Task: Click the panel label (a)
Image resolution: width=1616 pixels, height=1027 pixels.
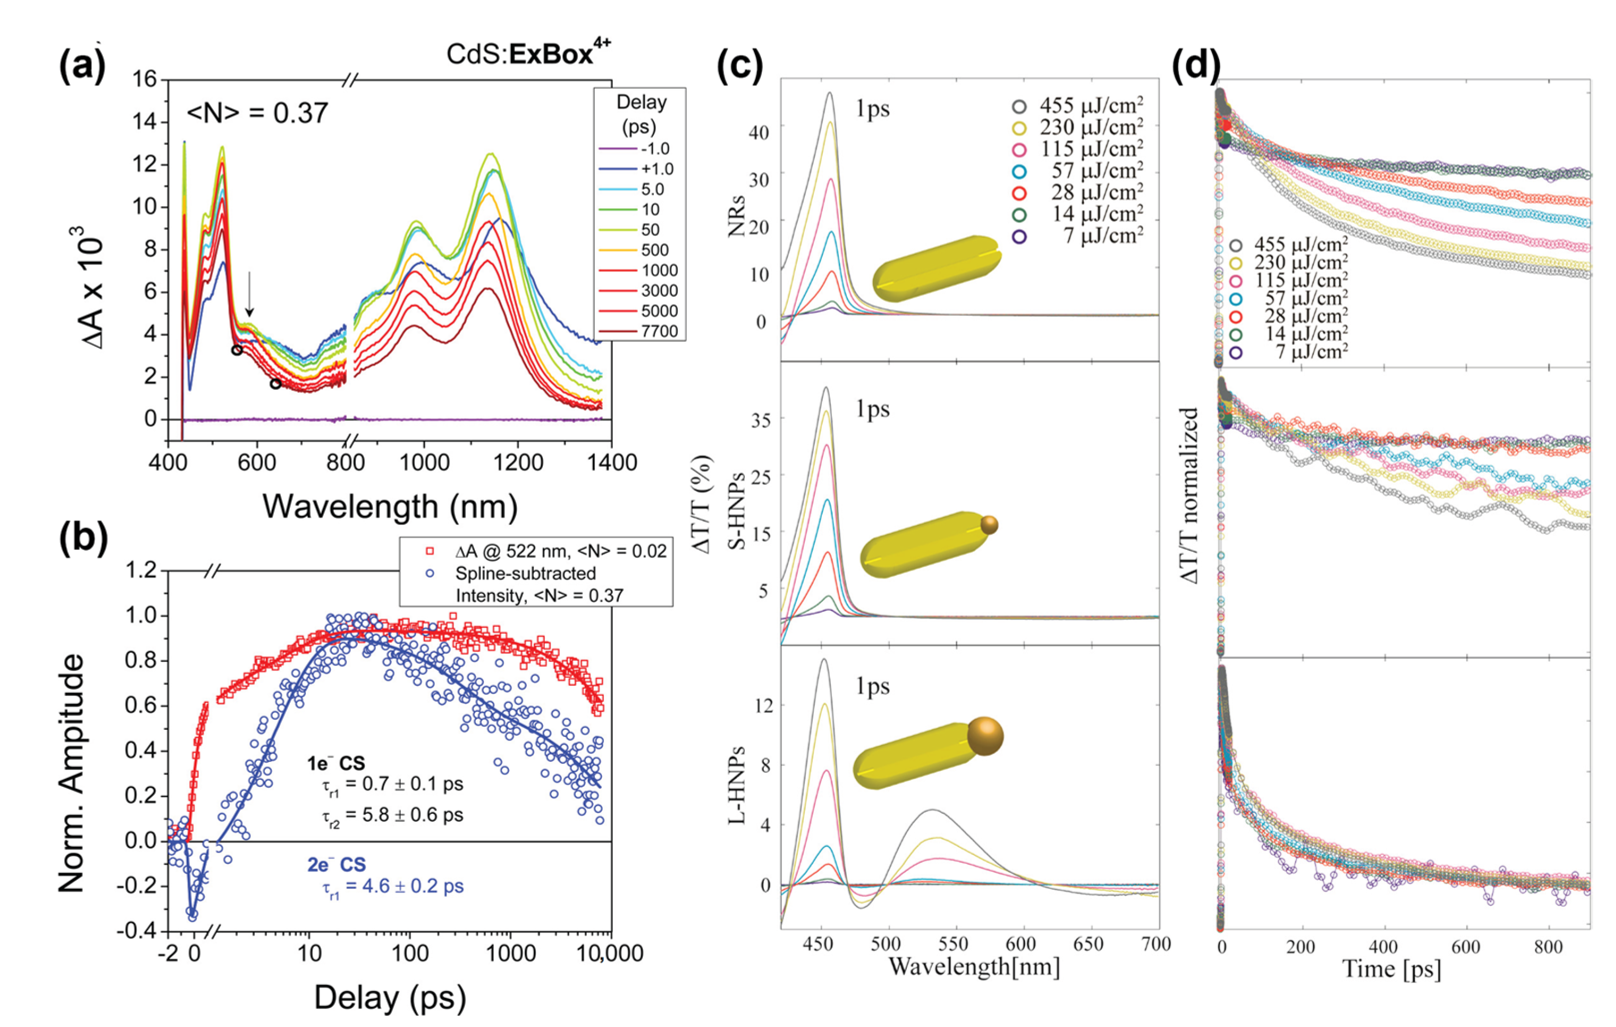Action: tap(82, 67)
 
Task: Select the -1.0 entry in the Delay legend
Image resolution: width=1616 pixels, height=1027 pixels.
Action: tap(654, 148)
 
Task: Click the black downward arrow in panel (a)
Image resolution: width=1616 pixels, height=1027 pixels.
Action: tap(250, 293)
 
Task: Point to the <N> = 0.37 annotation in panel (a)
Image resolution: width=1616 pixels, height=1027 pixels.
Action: tap(258, 113)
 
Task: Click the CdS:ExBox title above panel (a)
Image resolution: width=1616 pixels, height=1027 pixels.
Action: tap(529, 52)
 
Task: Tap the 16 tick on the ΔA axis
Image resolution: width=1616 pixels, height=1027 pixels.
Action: tap(144, 79)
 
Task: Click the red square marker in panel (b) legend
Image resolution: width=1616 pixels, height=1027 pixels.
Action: tap(430, 551)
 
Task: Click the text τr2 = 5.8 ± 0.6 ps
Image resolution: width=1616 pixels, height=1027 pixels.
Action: tap(392, 815)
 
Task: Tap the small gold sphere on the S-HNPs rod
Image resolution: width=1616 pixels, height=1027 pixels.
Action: tap(989, 525)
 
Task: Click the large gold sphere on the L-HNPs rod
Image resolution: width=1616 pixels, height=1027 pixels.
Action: tap(984, 736)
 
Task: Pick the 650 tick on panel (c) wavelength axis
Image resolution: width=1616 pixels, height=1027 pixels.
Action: tap(1088, 944)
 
